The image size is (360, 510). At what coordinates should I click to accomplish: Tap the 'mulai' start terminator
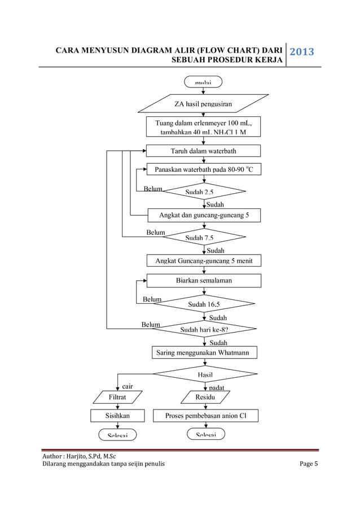[x=203, y=82]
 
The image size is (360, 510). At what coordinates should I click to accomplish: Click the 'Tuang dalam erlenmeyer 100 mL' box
[x=203, y=127]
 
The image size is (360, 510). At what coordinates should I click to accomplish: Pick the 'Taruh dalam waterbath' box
[x=203, y=151]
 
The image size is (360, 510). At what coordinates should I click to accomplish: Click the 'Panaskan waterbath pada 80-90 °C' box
[x=204, y=169]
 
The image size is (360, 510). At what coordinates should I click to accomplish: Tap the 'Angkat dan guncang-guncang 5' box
[x=204, y=215]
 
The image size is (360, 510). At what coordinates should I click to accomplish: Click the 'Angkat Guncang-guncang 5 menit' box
[x=204, y=260]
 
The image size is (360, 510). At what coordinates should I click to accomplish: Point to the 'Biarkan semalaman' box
[x=204, y=280]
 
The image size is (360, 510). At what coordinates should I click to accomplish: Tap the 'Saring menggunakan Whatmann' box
[x=204, y=353]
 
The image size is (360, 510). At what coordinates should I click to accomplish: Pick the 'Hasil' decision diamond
[x=204, y=374]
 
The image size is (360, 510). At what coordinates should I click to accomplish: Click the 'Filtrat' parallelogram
[x=118, y=397]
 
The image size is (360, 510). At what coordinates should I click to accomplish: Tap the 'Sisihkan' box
[x=118, y=416]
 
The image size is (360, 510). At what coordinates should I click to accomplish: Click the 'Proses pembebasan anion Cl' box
[x=205, y=416]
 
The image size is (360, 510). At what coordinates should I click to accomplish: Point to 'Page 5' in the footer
[x=308, y=464]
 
